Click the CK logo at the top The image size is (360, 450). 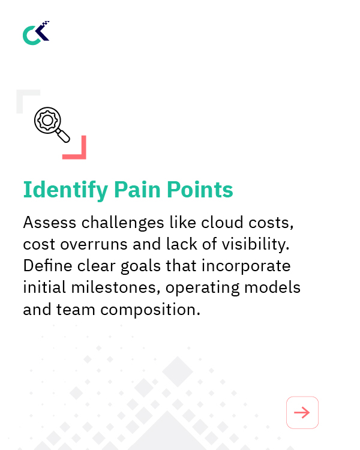click(36, 33)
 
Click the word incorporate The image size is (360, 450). click(248, 266)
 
